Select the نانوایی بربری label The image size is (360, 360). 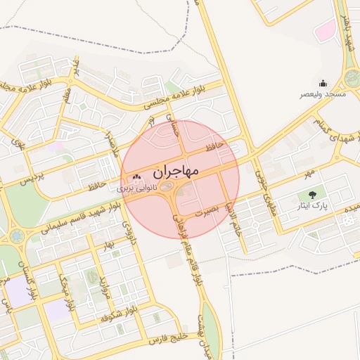(x=134, y=190)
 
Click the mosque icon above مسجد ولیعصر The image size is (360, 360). (x=323, y=83)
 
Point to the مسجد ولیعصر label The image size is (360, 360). (x=323, y=94)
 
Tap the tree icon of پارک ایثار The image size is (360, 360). (x=311, y=194)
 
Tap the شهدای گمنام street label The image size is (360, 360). (x=314, y=130)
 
